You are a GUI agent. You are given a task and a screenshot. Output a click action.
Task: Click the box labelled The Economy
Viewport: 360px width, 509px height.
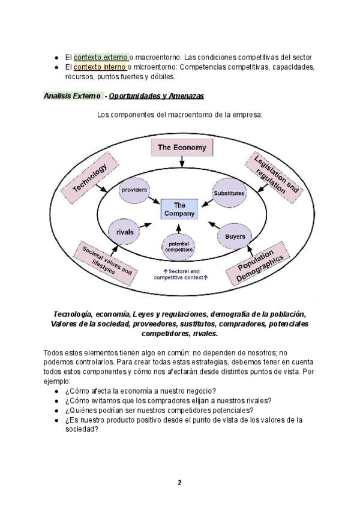[182, 147]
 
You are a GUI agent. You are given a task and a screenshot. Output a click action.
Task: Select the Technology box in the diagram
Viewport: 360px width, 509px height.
[89, 178]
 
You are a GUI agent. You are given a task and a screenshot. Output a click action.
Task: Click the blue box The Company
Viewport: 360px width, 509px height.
[179, 208]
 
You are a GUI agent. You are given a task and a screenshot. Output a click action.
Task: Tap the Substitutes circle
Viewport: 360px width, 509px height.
[229, 193]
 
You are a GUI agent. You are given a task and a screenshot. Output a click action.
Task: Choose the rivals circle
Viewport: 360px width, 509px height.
[125, 231]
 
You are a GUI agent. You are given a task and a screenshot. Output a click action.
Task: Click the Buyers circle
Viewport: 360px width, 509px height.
[235, 236]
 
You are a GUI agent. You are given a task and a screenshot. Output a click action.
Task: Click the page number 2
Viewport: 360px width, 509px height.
[179, 482]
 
